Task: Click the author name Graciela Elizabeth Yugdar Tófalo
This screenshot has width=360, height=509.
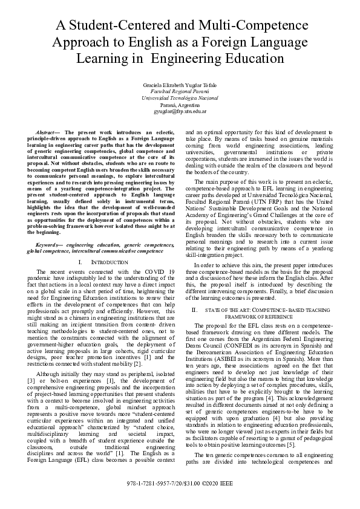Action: pyautogui.click(x=180, y=83)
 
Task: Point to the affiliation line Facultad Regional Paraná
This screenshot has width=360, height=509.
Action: pyautogui.click(x=180, y=90)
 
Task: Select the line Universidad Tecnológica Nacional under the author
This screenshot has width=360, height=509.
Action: pyautogui.click(x=180, y=97)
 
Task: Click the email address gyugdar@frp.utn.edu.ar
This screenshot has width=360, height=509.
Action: pyautogui.click(x=180, y=111)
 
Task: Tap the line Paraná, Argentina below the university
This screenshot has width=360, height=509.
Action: pyautogui.click(x=180, y=105)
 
